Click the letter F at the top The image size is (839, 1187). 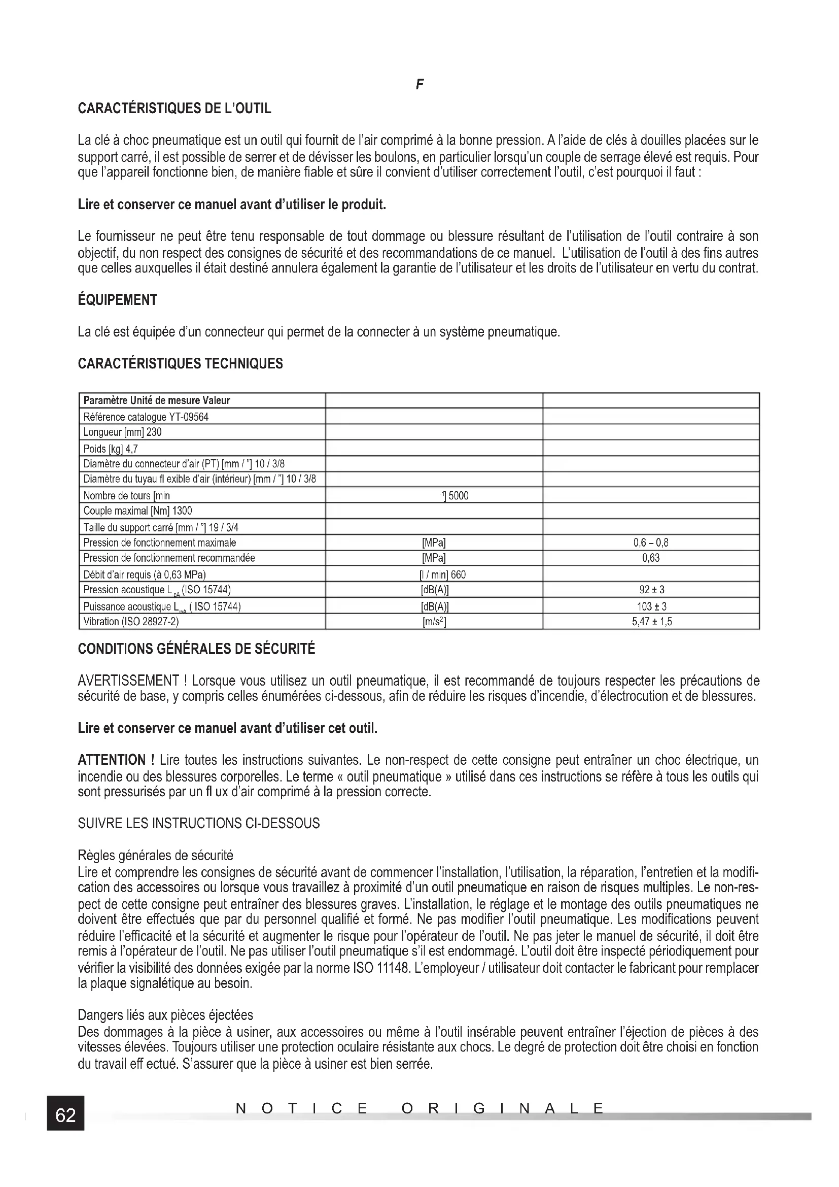419,85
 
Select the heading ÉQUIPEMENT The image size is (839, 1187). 117,300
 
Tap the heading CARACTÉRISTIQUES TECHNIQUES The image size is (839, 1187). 180,363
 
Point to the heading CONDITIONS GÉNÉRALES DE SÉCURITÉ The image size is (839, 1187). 196,650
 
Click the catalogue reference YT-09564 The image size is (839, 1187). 189,417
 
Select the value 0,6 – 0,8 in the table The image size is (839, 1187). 650,542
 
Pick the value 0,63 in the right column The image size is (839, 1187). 650,558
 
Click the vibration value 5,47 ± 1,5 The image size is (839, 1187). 651,622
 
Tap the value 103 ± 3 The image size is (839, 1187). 651,606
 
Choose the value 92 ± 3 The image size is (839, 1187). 651,589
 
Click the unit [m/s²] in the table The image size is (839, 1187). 434,622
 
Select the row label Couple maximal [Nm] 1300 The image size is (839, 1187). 138,511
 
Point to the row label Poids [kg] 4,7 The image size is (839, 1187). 111,448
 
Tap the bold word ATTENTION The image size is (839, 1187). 112,760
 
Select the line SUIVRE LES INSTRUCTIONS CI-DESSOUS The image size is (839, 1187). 199,823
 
